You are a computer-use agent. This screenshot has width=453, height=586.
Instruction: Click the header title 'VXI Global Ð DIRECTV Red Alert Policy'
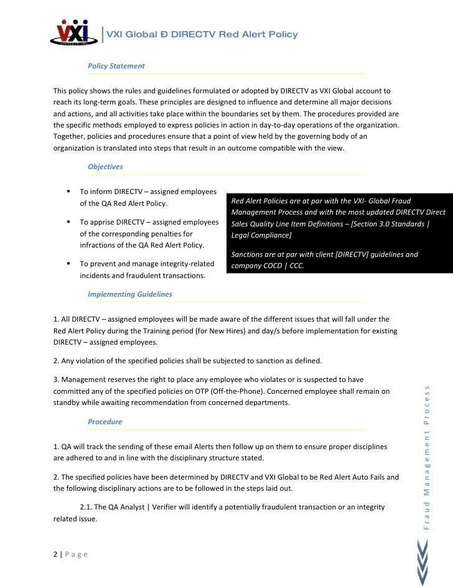(x=202, y=34)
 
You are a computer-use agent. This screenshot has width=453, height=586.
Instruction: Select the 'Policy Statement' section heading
(x=116, y=66)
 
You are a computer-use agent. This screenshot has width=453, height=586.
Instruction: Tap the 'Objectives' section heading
(x=105, y=167)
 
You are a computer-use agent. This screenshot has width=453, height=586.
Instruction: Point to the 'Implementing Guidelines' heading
(x=130, y=294)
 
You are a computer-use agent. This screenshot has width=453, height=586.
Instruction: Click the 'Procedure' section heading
(x=105, y=421)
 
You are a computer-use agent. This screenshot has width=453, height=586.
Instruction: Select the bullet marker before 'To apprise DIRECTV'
(x=67, y=221)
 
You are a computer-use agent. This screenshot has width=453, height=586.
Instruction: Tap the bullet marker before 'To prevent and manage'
(x=67, y=263)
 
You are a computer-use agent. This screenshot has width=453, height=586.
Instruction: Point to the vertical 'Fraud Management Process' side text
(x=427, y=457)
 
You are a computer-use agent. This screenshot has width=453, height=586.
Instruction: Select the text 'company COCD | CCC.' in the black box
(x=270, y=266)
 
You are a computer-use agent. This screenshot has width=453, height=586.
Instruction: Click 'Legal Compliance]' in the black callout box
(x=260, y=236)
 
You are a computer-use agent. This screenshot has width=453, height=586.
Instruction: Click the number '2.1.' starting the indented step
(x=87, y=507)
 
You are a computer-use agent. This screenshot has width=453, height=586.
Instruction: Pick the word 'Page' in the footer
(x=77, y=554)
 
